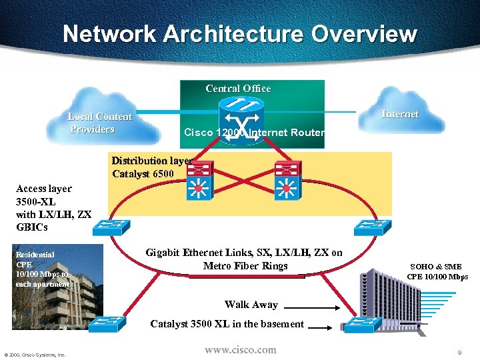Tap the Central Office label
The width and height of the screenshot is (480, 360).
point(238,89)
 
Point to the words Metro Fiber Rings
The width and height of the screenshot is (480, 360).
point(245,266)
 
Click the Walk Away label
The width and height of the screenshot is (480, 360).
point(251,305)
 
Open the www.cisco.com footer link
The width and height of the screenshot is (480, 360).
point(240,349)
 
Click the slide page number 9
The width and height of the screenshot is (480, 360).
point(460,351)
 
